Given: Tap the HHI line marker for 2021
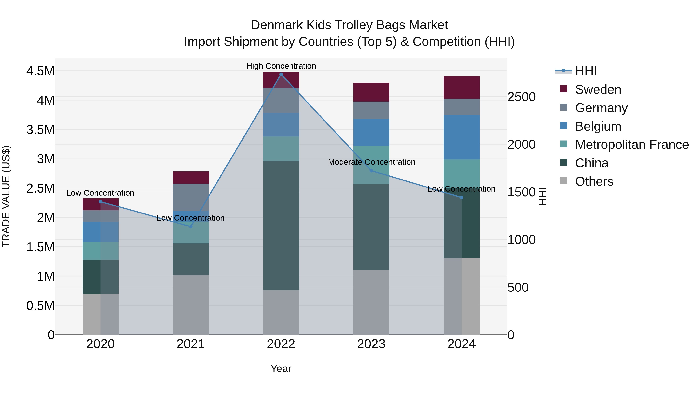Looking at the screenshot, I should click(191, 226).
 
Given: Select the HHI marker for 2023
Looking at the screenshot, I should click(371, 171).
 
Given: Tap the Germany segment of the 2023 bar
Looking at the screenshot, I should click(371, 110).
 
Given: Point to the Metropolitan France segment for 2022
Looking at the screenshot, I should click(281, 149).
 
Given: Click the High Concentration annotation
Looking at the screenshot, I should click(281, 66).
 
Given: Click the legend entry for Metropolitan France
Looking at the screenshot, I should click(632, 145).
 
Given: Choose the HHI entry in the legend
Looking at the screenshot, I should click(586, 71).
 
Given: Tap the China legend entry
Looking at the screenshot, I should click(592, 163).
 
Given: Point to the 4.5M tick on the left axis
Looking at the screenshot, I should click(40, 71).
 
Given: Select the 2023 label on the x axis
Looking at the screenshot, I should click(371, 344).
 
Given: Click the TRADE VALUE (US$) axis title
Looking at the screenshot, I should click(6, 196).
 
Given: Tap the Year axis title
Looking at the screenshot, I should click(281, 369).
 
